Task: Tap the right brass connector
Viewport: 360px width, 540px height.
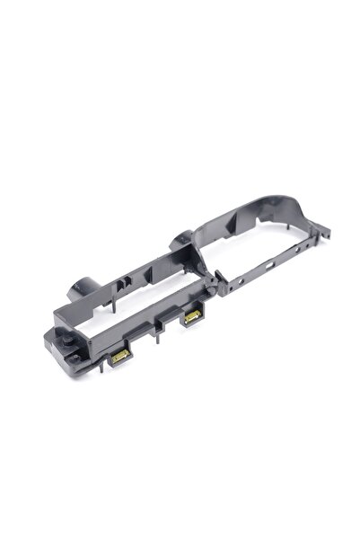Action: point(191,318)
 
